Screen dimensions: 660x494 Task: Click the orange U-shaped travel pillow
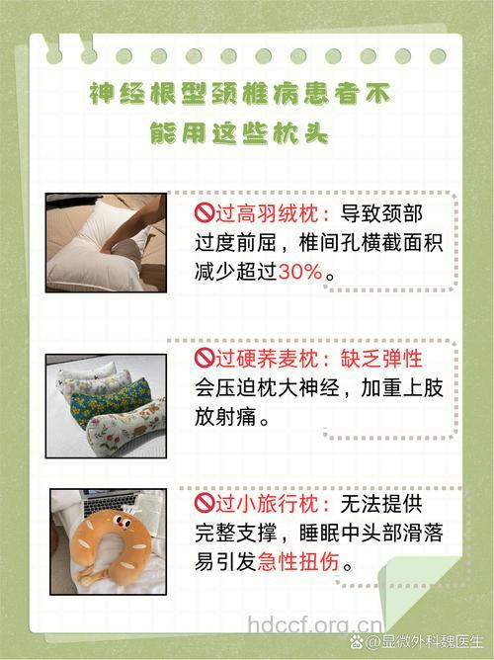coord(108,553)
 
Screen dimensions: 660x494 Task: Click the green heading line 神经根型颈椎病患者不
coord(240,95)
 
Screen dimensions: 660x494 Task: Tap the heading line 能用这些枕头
coord(240,134)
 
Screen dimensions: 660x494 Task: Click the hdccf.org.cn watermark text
coord(313,624)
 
